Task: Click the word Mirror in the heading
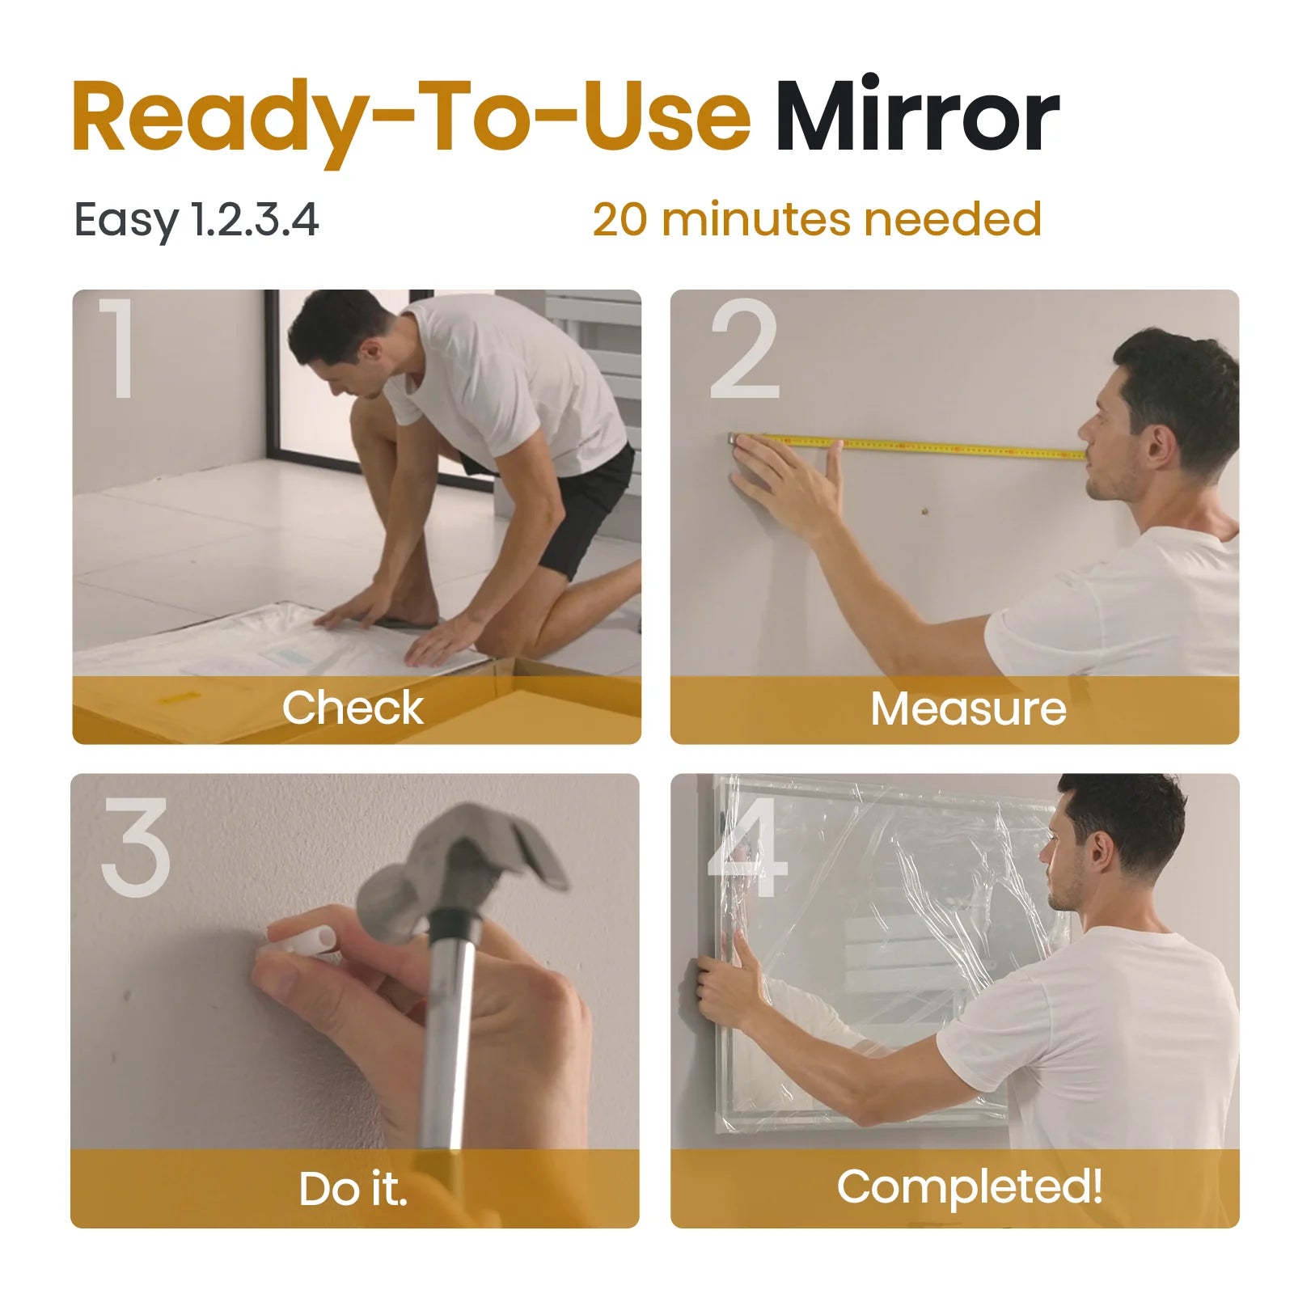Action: click(916, 117)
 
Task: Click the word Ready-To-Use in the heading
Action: click(411, 117)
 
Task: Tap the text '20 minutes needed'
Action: click(816, 219)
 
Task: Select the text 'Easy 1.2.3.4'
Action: click(197, 220)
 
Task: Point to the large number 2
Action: click(744, 349)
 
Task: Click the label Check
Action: click(353, 708)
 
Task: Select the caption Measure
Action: click(968, 709)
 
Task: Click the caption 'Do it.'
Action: click(353, 1190)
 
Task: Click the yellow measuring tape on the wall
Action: click(930, 446)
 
